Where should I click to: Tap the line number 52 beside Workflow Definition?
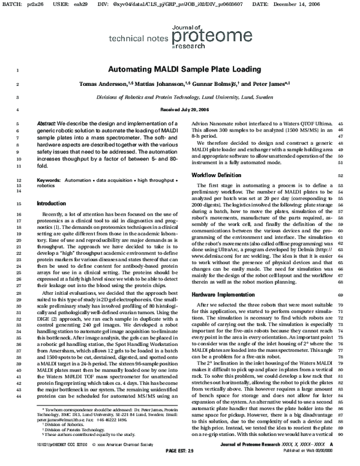pos(348,175)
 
